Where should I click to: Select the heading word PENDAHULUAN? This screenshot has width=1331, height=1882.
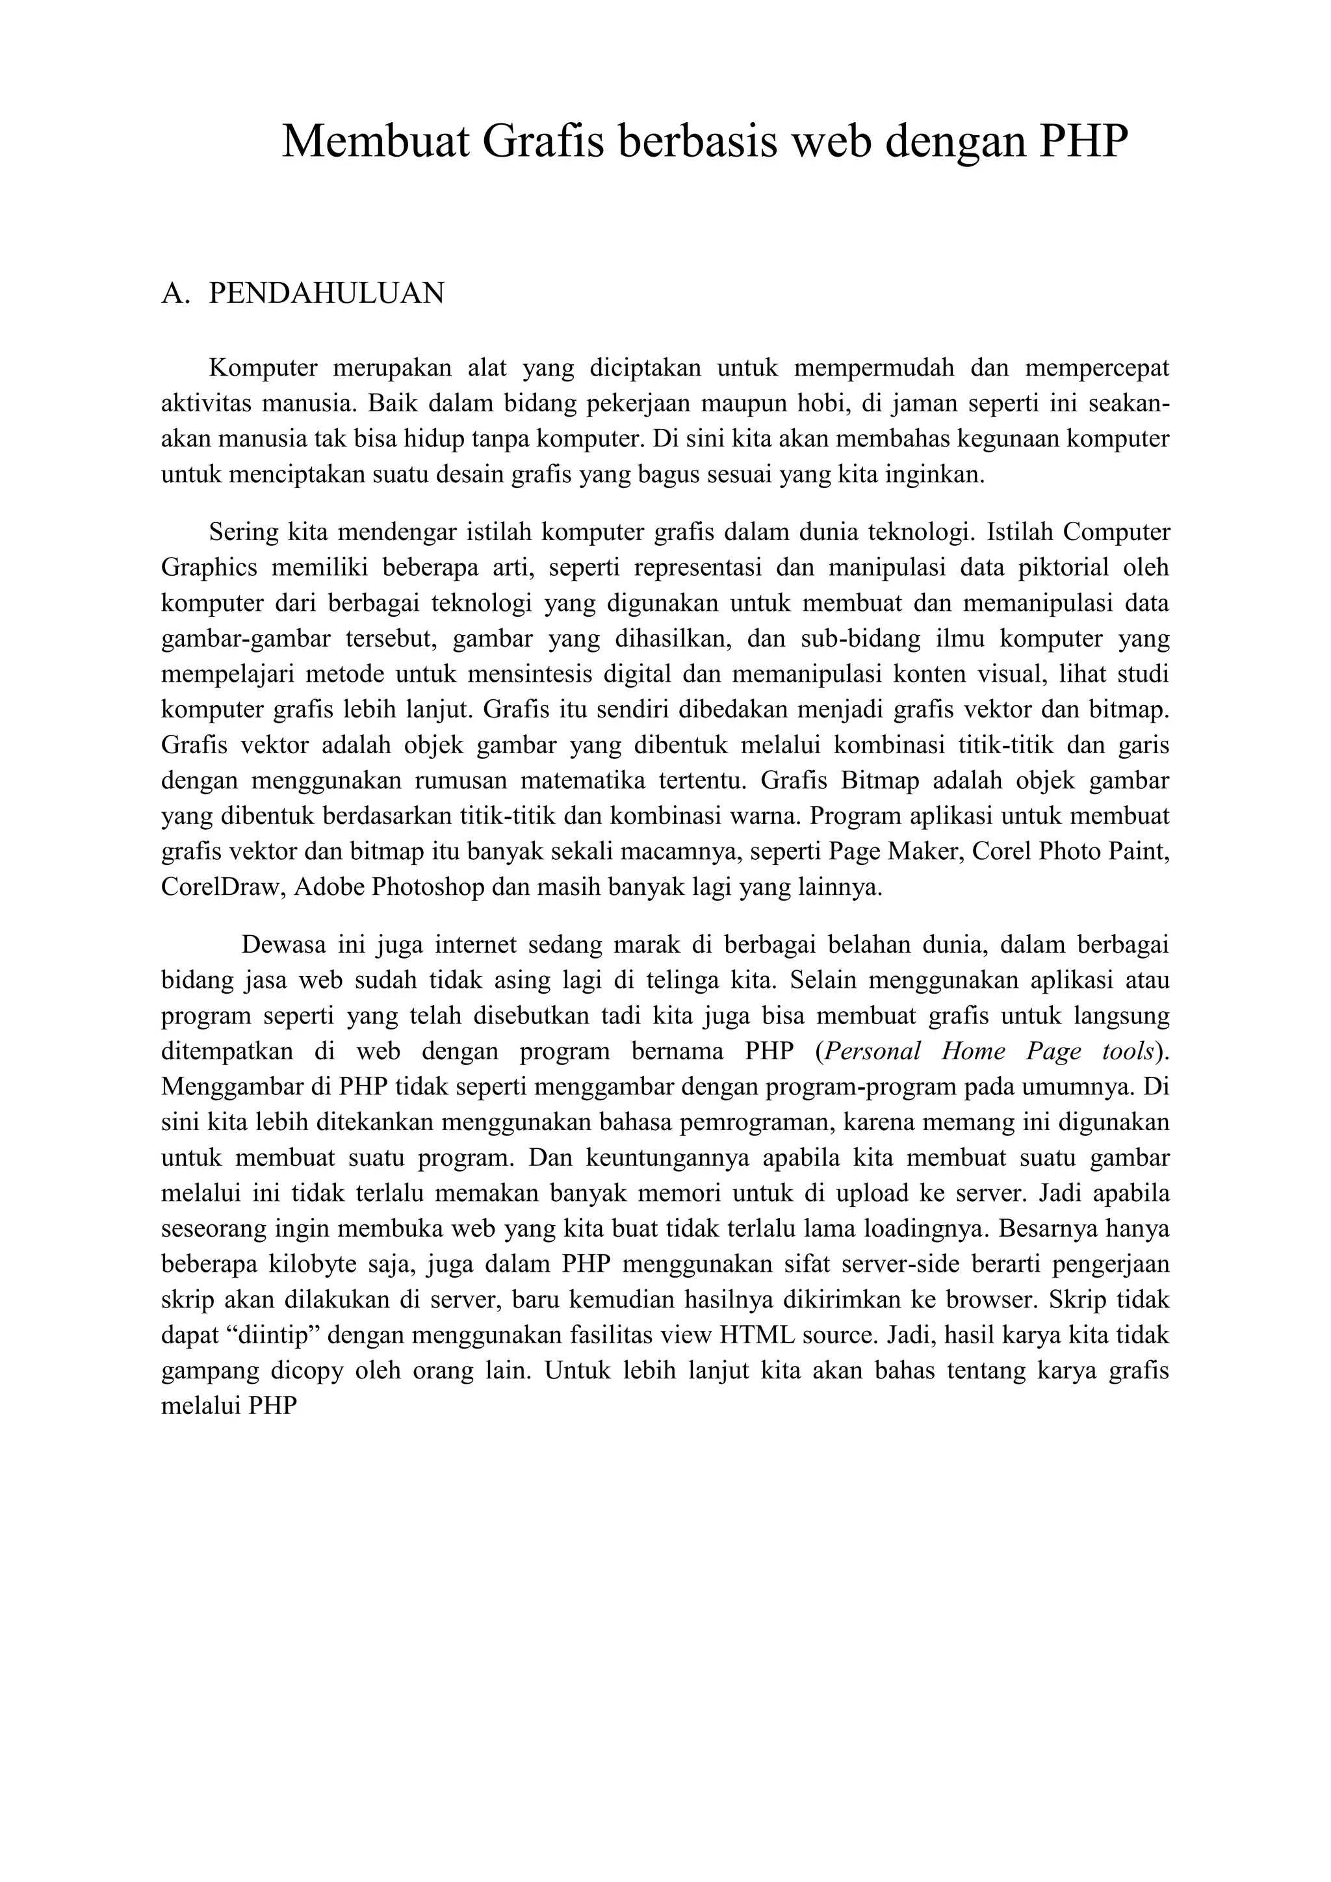pos(326,294)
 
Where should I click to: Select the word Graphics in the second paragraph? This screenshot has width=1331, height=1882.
pos(209,568)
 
